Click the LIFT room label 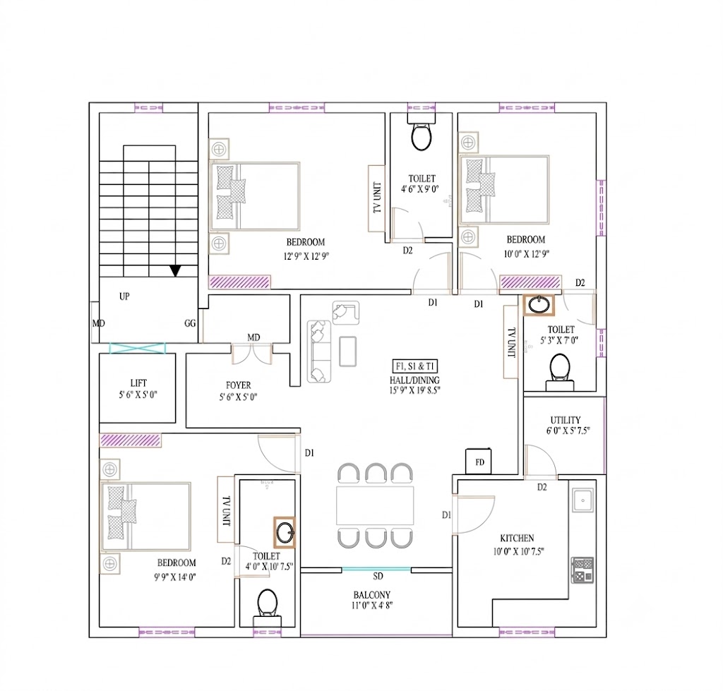click(x=138, y=383)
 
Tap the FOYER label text click(x=239, y=385)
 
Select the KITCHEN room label click(x=517, y=538)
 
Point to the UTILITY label click(x=566, y=420)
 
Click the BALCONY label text click(x=371, y=595)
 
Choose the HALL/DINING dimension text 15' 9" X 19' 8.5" click(x=414, y=390)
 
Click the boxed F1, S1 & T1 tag click(x=415, y=366)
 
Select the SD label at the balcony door click(x=378, y=576)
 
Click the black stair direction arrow click(x=175, y=270)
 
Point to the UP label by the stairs click(x=124, y=296)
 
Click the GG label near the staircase click(x=190, y=323)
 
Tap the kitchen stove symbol click(x=582, y=570)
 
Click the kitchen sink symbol click(x=583, y=500)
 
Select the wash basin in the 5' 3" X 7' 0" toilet click(x=539, y=305)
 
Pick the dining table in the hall click(x=375, y=505)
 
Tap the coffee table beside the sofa click(x=347, y=351)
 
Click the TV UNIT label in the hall click(x=511, y=342)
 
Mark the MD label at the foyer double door click(x=253, y=337)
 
